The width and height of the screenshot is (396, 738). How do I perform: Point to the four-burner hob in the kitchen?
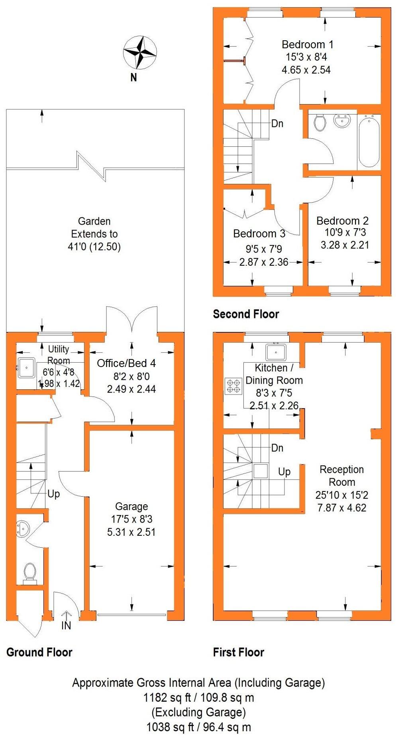[233, 386]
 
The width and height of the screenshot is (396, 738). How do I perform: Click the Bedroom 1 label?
[307, 44]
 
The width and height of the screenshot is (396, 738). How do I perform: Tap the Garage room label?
[131, 506]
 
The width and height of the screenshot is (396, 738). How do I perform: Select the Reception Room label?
[342, 476]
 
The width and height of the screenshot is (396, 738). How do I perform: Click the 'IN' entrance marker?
[66, 626]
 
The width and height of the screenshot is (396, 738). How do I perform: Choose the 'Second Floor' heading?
[246, 314]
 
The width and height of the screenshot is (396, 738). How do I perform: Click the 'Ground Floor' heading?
[39, 652]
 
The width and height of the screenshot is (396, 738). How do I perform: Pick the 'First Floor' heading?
[238, 652]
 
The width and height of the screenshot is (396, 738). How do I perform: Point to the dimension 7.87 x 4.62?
[342, 508]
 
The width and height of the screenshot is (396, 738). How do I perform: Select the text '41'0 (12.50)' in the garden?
[94, 247]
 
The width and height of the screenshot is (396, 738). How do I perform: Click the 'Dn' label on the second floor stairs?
[277, 123]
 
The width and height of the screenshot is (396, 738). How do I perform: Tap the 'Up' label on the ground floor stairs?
[53, 494]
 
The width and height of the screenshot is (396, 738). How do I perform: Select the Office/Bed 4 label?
[126, 363]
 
